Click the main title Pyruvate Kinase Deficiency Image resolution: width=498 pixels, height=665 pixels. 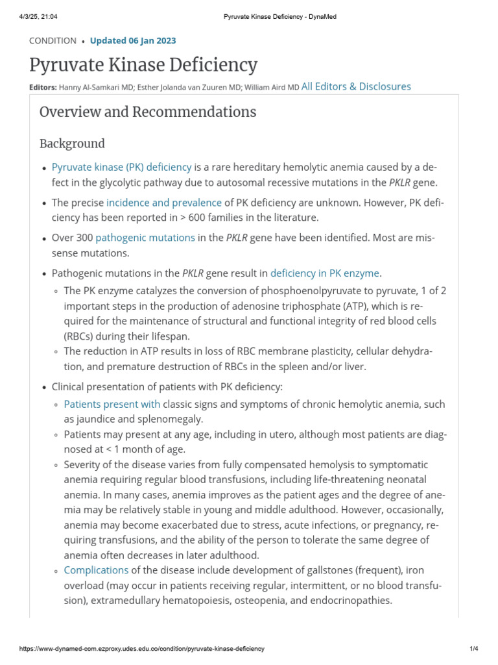tap(143, 65)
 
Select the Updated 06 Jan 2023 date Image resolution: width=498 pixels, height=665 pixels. tap(133, 40)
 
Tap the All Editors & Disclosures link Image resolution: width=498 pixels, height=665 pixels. tap(356, 86)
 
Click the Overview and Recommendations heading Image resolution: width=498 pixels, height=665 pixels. tap(148, 112)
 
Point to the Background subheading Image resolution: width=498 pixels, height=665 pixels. tap(72, 144)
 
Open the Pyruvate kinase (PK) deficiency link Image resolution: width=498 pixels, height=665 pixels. tap(122, 167)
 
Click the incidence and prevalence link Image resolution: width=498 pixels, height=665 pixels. tap(164, 203)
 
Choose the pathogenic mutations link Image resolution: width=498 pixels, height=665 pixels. tap(145, 238)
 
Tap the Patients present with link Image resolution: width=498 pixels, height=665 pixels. tap(112, 404)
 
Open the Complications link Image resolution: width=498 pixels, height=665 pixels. tap(96, 570)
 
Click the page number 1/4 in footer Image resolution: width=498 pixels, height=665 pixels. tap(473, 649)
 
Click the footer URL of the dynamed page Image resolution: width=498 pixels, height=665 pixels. tap(142, 649)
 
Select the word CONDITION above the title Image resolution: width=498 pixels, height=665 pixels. tap(53, 40)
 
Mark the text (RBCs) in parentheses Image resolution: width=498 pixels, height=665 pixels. tap(81, 336)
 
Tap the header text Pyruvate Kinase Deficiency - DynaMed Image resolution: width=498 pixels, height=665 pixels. tap(276, 16)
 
